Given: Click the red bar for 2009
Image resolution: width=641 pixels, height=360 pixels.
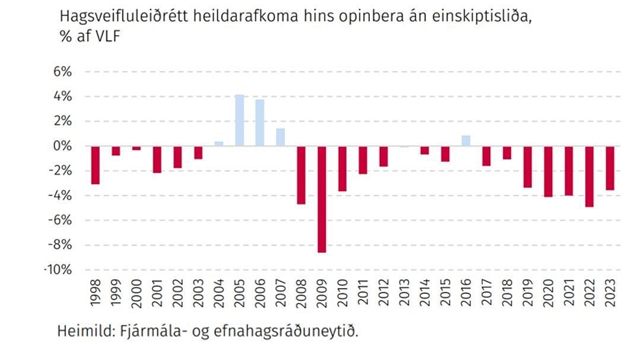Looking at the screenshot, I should point(322,199).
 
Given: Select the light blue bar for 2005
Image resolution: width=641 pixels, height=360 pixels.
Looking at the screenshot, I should point(239,120).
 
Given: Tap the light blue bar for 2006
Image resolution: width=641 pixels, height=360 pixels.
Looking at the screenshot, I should point(260,122).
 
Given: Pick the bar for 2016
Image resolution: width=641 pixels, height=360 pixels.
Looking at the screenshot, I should point(466,141).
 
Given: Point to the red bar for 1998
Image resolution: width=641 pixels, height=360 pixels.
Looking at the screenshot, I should point(95,165).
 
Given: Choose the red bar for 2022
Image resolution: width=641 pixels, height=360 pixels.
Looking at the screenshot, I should point(589,176).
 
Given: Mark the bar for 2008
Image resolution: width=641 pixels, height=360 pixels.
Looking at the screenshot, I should point(301,175).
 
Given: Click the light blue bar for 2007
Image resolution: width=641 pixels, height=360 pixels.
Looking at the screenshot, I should point(281,137).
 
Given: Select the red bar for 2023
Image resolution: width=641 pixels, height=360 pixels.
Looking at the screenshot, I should point(610,168).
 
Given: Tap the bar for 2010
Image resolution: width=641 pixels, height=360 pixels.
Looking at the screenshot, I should point(342,168).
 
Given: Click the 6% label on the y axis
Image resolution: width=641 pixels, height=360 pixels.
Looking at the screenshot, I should point(61,72).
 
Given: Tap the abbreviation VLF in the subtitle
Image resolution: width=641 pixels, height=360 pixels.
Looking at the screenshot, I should point(107,37).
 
